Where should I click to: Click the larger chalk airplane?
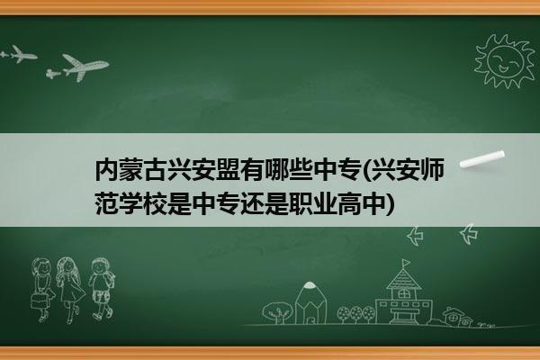pos(80,67)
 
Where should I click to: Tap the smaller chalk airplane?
pos(19,54)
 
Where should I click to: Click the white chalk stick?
pos(482,159)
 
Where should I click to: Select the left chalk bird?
pos(415,236)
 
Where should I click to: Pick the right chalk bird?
pos(469,234)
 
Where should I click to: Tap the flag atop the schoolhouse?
pos(407,263)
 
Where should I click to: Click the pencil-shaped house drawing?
pos(310,302)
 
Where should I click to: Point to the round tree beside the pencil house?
pos(277,312)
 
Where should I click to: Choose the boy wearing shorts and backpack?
pos(101,288)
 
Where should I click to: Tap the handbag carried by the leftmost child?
pos(39,301)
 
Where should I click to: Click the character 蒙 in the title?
pos(130,170)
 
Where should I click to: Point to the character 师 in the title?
pos(432,169)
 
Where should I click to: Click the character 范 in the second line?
pos(107,203)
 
